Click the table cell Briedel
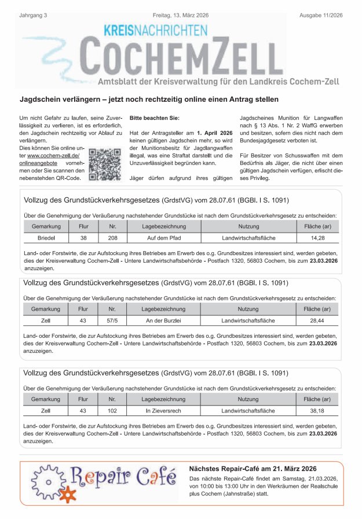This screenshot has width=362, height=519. point(46,238)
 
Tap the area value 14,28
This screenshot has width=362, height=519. point(317,238)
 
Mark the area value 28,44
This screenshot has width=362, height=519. point(317,321)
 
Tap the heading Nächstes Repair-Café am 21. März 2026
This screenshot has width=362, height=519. point(253,468)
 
